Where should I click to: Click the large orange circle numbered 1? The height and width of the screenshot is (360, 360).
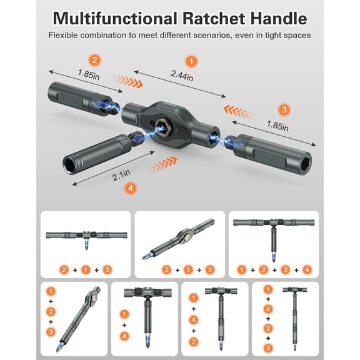pos(191,62)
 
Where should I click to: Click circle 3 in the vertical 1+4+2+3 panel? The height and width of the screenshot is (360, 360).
pos(267,347)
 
